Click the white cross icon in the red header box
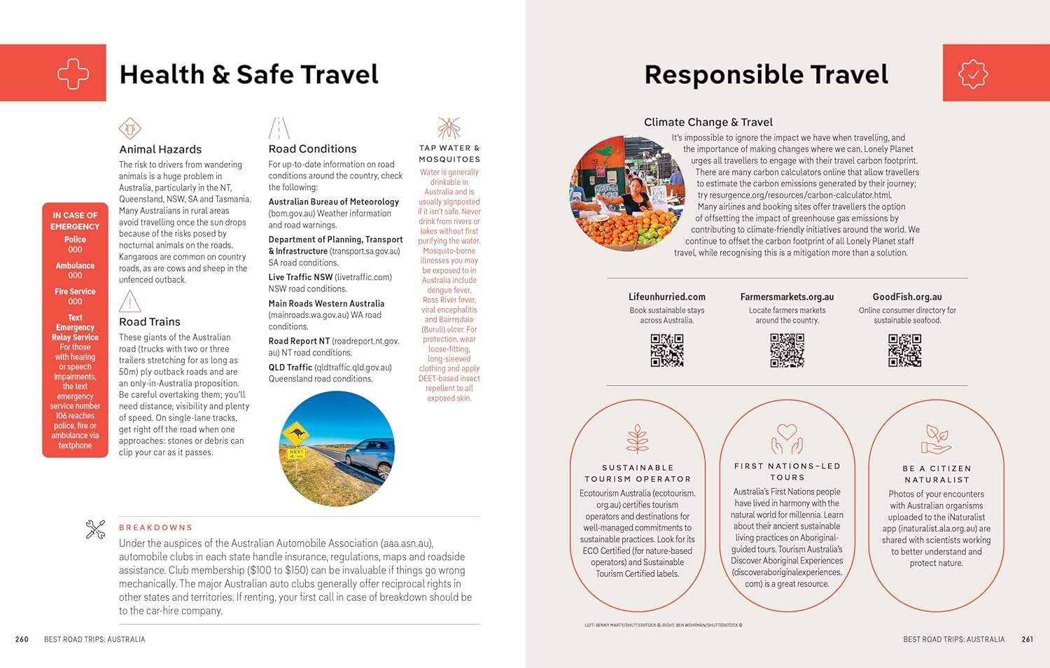point(73,74)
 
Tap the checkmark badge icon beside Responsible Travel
point(973,74)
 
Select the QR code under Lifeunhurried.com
point(667,350)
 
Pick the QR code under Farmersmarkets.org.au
point(787,350)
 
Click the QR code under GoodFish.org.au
point(905,350)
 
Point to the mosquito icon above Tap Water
point(449,128)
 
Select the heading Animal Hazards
point(160,149)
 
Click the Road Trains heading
point(150,321)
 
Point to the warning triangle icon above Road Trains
point(129,301)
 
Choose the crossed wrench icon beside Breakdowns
point(95,529)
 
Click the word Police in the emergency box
point(75,239)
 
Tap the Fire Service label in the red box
point(75,291)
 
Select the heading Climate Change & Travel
point(708,122)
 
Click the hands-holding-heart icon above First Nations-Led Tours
point(787,439)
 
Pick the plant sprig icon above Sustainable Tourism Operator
point(637,439)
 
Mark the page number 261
point(1027,639)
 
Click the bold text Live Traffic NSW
point(300,277)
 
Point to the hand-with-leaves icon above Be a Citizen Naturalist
point(936,440)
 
